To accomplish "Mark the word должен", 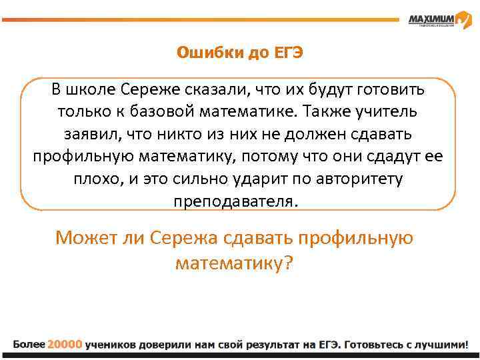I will pyautogui.click(x=319, y=133).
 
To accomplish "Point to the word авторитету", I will pyautogui.click(x=363, y=179).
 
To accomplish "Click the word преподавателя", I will pyautogui.click(x=236, y=201).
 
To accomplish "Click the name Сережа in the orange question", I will pyautogui.click(x=183, y=238).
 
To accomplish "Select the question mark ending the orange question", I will pyautogui.click(x=288, y=263).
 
